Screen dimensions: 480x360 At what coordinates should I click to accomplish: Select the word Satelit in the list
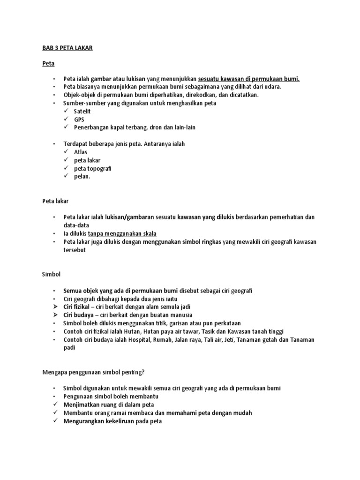[x=82, y=111]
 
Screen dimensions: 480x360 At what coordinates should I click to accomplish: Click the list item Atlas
[x=81, y=152]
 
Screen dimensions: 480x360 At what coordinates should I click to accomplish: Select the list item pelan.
[x=82, y=176]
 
